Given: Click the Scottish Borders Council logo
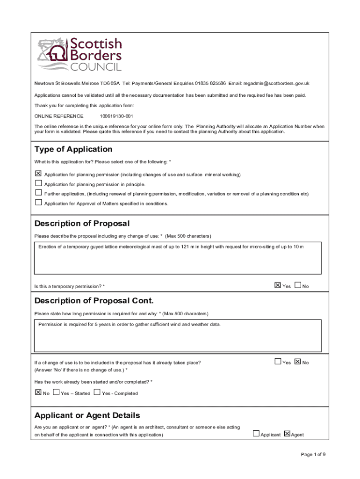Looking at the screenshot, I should point(79,54).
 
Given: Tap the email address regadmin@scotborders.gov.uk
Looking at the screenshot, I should point(276,83).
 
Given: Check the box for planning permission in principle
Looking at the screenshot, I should point(38,184).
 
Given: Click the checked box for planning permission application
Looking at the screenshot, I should point(38,174).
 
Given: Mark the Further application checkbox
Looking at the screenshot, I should point(38,193).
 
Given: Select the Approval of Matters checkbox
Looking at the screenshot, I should point(38,203).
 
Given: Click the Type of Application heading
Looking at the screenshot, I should point(73,149).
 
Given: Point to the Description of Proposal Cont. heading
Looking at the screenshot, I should point(94,300).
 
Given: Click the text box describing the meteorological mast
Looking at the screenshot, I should point(178,258).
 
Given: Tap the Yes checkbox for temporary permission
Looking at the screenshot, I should point(277,285).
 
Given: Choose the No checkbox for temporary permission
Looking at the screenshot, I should point(298,285).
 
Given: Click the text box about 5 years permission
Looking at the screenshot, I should point(178,335).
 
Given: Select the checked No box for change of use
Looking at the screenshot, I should point(298,362).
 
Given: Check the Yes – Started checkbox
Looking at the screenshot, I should point(56,392).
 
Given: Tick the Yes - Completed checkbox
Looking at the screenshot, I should point(97,392).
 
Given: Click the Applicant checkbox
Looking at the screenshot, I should point(256,434).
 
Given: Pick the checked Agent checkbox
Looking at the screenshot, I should point(287,434).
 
